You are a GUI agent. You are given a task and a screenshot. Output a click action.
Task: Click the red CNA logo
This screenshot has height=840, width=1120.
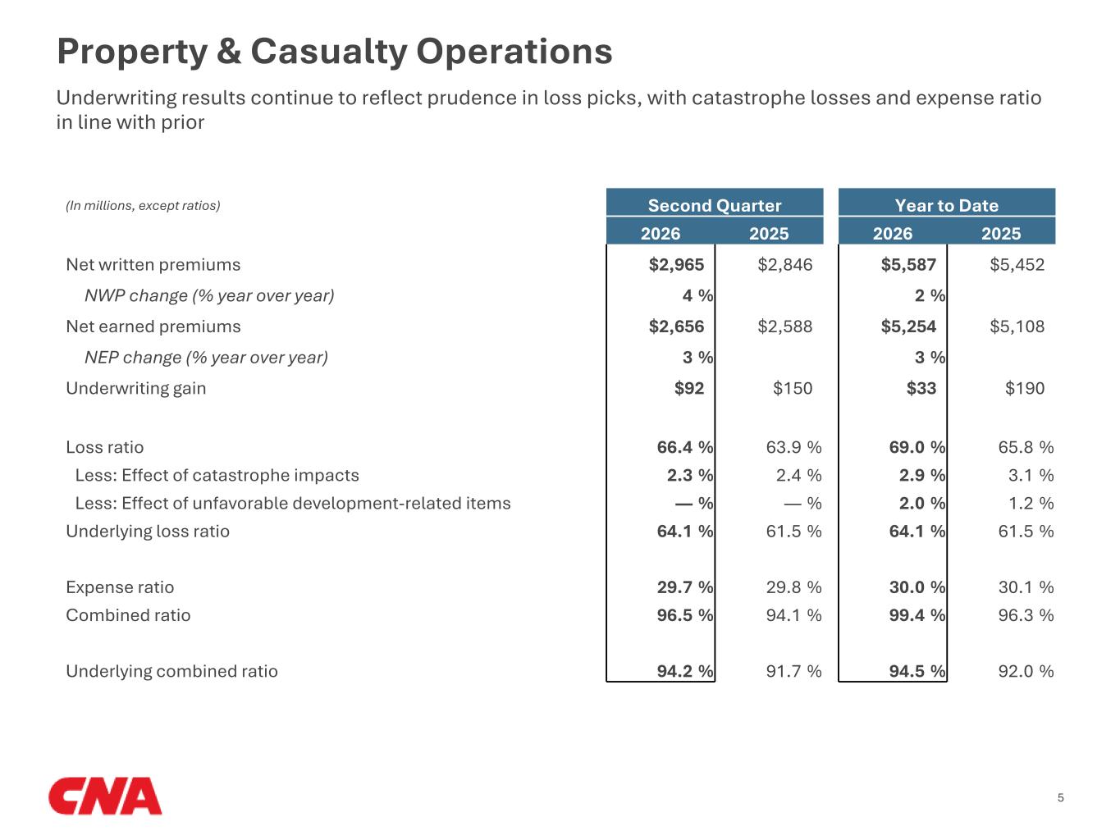[x=105, y=796]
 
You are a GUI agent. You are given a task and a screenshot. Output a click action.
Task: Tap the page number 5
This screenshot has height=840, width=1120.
[x=1060, y=797]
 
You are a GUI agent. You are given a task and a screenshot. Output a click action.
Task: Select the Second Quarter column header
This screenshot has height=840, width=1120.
[x=715, y=205]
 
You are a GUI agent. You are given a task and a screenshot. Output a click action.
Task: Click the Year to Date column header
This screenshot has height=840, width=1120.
[x=947, y=205]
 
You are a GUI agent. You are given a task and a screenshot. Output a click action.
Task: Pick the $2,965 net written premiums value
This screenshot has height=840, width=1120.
[x=676, y=265]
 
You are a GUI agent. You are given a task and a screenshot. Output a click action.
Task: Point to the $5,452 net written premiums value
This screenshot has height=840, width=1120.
[x=1017, y=265]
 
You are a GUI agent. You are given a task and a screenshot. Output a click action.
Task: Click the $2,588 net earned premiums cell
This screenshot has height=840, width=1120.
[x=784, y=326]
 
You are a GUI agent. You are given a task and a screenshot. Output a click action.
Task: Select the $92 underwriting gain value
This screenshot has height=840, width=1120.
[x=689, y=388]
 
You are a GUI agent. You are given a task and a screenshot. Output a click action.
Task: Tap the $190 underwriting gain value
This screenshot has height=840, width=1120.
[x=1025, y=388]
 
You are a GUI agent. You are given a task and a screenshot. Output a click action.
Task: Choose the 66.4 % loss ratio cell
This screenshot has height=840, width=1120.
[x=685, y=447]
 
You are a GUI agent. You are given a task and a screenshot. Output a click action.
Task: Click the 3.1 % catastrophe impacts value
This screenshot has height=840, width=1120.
[x=1031, y=475]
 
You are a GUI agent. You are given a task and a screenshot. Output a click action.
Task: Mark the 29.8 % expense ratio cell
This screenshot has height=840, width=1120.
[x=793, y=587]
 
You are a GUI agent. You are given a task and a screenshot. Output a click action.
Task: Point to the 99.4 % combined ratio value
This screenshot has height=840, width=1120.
[x=917, y=615]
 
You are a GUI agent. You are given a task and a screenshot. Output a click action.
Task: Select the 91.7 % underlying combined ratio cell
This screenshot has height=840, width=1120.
[x=793, y=671]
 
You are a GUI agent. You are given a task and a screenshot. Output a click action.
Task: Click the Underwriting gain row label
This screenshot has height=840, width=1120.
[x=135, y=389]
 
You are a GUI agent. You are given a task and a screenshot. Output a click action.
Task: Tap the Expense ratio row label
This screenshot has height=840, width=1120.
[x=120, y=587]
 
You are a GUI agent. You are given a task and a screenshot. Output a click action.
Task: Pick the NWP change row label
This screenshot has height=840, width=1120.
[x=209, y=296]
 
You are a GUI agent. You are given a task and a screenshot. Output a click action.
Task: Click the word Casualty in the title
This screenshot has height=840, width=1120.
[x=328, y=52]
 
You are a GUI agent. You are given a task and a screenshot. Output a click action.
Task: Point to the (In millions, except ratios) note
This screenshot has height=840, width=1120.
[x=143, y=206]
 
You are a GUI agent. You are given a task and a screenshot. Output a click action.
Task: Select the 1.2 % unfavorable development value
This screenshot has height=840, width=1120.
[x=1031, y=504]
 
